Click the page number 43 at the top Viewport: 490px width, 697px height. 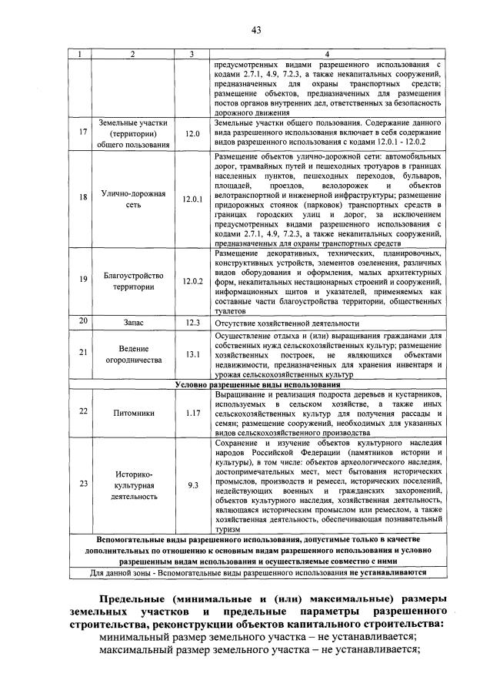click(x=255, y=30)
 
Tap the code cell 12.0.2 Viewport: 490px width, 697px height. click(x=192, y=280)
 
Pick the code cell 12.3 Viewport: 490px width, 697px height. click(x=192, y=323)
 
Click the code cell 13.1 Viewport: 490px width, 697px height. click(x=192, y=354)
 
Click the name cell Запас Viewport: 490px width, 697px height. click(x=132, y=323)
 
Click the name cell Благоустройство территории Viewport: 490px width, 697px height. click(x=132, y=280)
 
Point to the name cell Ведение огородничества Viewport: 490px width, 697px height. click(x=132, y=354)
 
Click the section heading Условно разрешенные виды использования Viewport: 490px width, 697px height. click(x=257, y=384)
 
